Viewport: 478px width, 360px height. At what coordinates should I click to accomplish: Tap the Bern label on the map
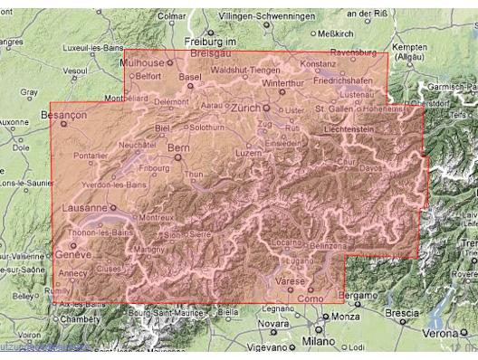[x=178, y=147]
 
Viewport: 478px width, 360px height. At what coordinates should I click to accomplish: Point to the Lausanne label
[x=81, y=207]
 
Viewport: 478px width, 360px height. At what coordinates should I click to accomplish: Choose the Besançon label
[x=63, y=117]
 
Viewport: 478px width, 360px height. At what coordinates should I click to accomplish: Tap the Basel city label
[x=190, y=77]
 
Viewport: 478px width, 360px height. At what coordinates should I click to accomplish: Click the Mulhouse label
[x=143, y=64]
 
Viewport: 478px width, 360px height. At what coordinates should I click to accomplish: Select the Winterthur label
[x=278, y=81]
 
